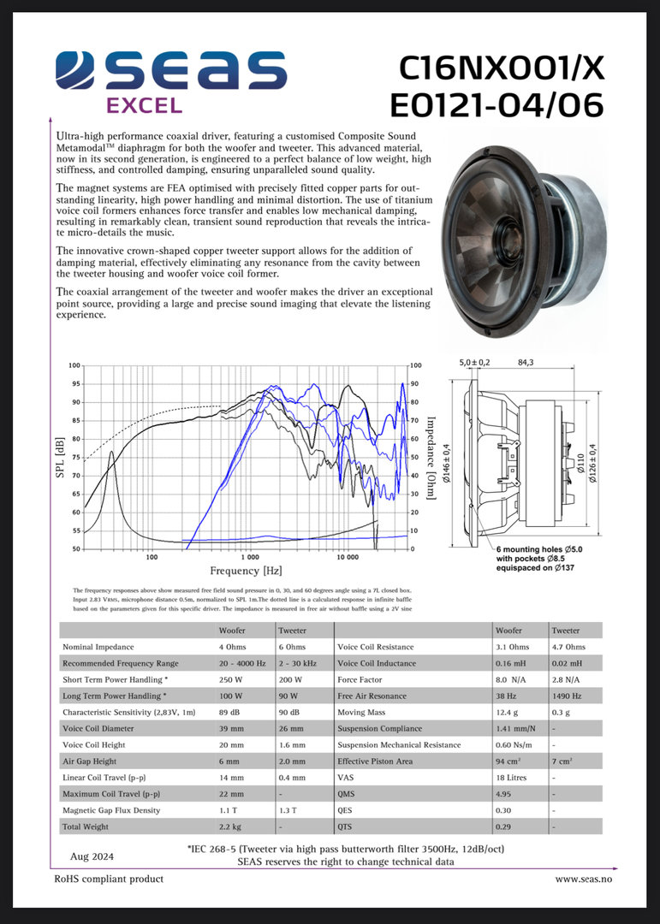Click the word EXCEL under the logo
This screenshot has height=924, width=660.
pyautogui.click(x=144, y=106)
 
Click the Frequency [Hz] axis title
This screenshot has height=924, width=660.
pyautogui.click(x=246, y=571)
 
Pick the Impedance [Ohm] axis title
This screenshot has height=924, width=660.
pyautogui.click(x=431, y=458)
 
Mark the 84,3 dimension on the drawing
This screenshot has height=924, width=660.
pyautogui.click(x=526, y=363)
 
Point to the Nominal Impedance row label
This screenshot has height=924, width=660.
pyautogui.click(x=98, y=647)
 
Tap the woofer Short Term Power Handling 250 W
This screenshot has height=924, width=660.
pyautogui.click(x=230, y=679)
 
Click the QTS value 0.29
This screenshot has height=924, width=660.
pyautogui.click(x=503, y=826)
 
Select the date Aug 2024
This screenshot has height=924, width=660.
pyautogui.click(x=92, y=856)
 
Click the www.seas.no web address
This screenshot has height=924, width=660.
pyautogui.click(x=584, y=879)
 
